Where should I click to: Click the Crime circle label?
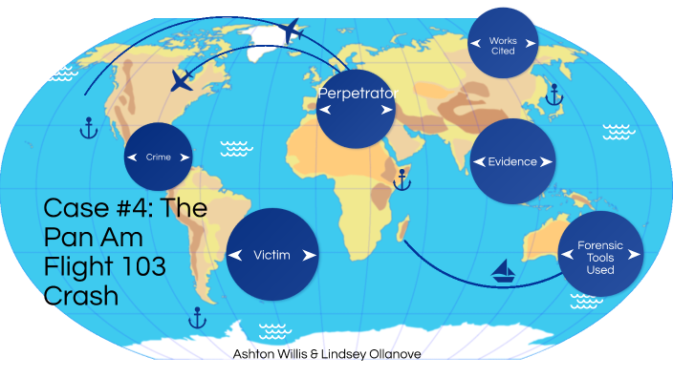pos(158,157)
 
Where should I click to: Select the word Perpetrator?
pos(356,94)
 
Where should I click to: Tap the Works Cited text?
pos(503,45)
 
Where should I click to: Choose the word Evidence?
pos(512,161)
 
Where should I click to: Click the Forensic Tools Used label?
pos(600,257)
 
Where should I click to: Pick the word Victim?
pos(271,255)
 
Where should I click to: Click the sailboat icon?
pos(503,272)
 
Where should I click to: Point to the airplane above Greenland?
pos(292,31)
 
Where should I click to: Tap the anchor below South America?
pos(198,317)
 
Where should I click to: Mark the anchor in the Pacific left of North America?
pos(88,127)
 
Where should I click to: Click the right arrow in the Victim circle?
pos(309,256)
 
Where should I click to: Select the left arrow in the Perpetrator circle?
pos(325,111)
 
